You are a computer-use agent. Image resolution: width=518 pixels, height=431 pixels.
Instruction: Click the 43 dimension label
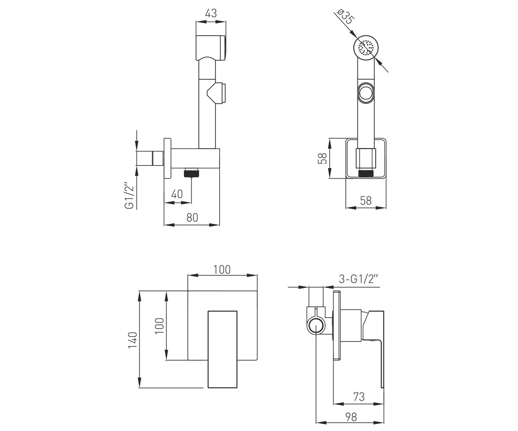pos(211,13)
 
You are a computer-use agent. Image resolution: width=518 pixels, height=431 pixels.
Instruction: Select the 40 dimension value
pos(177,194)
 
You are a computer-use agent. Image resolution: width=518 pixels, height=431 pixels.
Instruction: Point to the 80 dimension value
pos(192,217)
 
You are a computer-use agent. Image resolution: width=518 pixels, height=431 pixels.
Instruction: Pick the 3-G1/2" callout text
pos(358,279)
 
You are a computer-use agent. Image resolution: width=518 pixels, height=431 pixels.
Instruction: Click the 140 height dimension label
pos(133,340)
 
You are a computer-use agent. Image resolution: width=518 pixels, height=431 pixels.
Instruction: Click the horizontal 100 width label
pos(222,269)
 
